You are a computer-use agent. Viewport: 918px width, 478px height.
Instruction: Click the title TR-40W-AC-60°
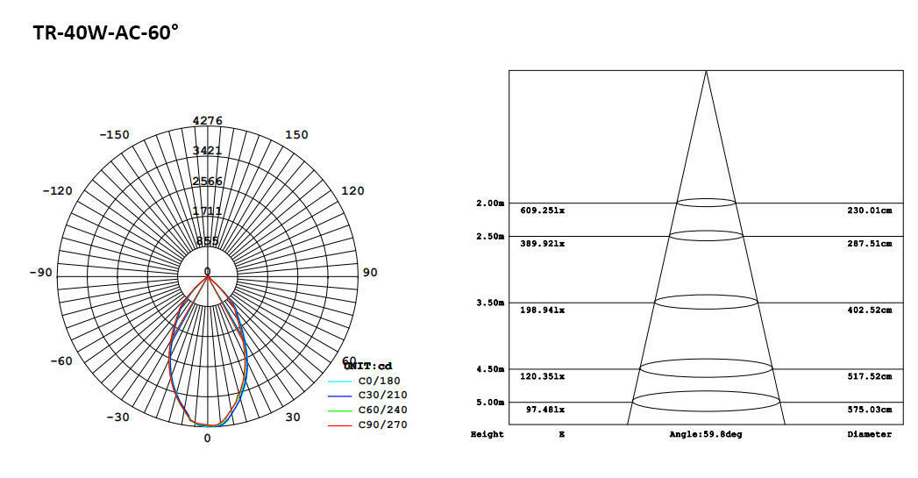106,33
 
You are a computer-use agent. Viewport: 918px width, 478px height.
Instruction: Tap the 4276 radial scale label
208,121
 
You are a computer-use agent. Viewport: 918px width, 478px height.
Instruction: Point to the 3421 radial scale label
208,151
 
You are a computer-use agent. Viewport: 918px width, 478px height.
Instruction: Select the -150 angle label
114,135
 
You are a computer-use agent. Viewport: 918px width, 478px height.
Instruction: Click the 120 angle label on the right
352,191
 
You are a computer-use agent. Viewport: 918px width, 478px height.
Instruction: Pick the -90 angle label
40,273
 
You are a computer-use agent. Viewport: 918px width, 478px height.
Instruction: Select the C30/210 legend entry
382,396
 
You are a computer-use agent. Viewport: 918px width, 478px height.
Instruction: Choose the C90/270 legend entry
382,424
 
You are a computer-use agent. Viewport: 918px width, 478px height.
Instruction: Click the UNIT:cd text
367,366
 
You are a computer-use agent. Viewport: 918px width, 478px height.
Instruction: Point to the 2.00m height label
490,203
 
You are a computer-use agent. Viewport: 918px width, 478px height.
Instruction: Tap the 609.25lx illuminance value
542,210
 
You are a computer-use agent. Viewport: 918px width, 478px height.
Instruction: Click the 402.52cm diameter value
869,310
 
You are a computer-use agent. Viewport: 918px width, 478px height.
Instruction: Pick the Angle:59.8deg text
705,434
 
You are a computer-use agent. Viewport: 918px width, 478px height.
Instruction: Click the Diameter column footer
869,434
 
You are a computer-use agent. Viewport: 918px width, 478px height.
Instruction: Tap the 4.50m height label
490,369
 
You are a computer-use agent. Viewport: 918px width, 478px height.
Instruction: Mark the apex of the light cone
706,71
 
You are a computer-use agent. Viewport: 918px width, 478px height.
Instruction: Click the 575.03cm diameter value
869,410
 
